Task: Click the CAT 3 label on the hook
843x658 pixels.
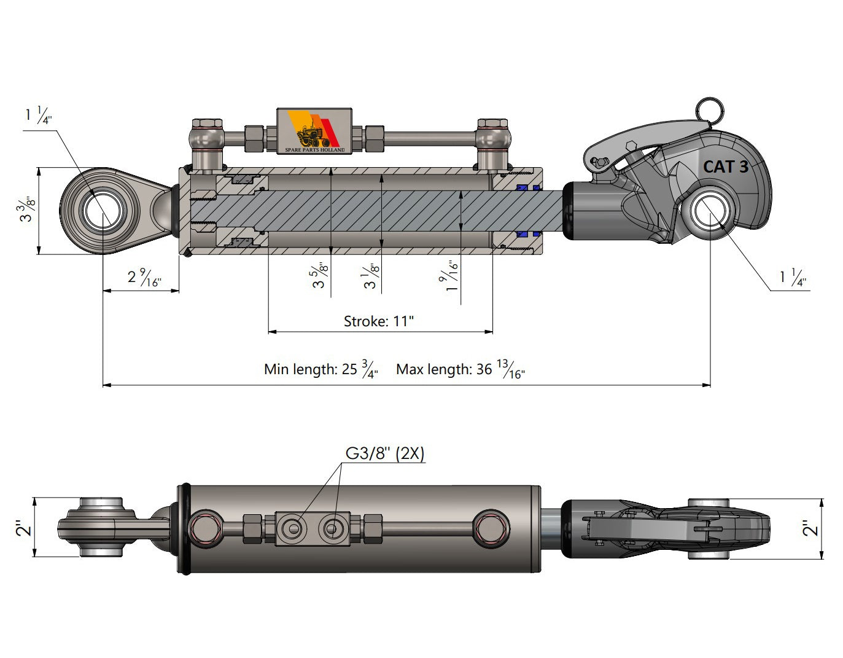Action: click(725, 166)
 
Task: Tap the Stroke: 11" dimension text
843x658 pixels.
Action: click(378, 321)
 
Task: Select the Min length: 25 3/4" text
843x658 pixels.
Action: click(320, 369)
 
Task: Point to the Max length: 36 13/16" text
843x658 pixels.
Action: click(460, 369)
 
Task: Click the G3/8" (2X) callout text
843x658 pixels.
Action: click(385, 453)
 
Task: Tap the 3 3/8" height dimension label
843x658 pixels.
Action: click(28, 210)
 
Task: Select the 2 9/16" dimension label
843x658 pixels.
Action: click(144, 278)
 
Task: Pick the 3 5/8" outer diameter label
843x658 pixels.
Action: click(320, 274)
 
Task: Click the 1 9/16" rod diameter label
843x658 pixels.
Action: click(452, 275)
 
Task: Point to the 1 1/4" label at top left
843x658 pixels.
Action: click(38, 115)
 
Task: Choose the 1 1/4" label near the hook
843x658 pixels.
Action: click(792, 278)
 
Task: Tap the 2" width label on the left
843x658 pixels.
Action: click(23, 528)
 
